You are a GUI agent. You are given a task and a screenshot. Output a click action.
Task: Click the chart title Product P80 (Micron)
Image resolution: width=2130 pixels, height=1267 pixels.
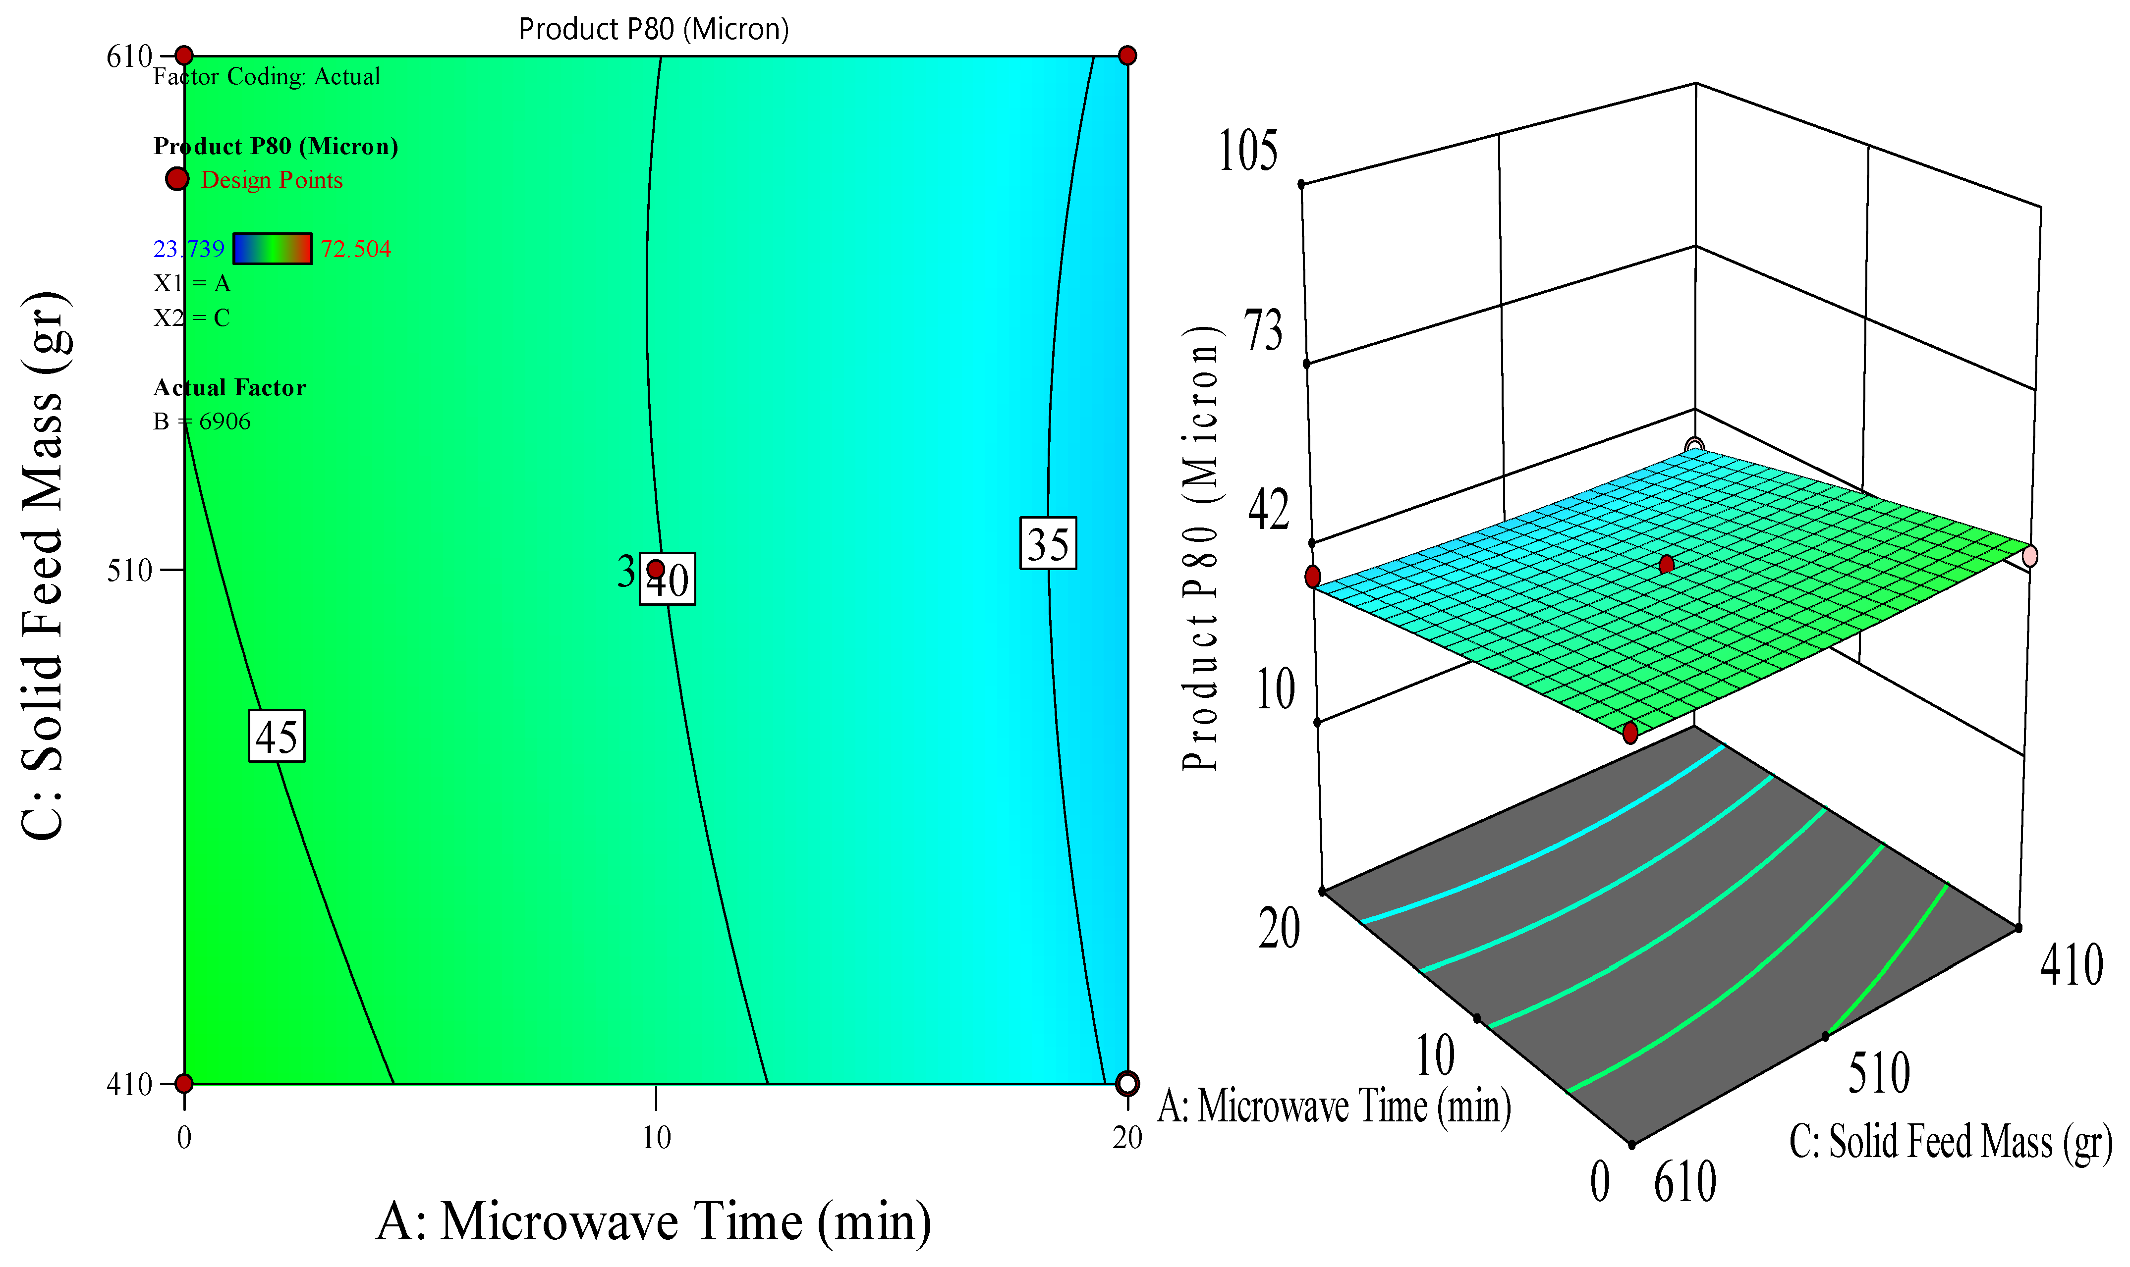(x=653, y=29)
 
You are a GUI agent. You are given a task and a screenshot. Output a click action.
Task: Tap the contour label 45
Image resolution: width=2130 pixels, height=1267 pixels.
(x=277, y=736)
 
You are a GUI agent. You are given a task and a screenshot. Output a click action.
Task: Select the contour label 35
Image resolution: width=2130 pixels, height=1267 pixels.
(x=1048, y=543)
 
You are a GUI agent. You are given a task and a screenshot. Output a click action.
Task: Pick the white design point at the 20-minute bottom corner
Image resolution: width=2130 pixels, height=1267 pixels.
(x=1127, y=1083)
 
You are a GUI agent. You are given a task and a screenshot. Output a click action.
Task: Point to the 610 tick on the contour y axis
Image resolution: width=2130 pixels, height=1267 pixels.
(x=129, y=56)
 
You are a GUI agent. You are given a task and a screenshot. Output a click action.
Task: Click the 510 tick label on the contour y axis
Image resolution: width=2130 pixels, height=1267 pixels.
(x=129, y=570)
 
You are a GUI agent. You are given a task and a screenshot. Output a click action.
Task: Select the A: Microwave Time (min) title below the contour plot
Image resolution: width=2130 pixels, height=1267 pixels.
(x=653, y=1221)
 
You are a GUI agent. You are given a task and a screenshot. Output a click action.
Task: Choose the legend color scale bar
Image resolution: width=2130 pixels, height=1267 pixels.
(x=273, y=249)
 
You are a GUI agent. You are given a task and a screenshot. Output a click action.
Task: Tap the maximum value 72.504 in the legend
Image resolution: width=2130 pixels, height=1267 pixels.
(x=355, y=249)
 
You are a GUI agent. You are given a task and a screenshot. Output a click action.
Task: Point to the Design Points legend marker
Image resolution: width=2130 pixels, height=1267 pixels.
(x=177, y=179)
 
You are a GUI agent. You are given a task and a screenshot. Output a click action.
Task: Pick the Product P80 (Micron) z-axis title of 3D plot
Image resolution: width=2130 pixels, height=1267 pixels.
(x=1200, y=548)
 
